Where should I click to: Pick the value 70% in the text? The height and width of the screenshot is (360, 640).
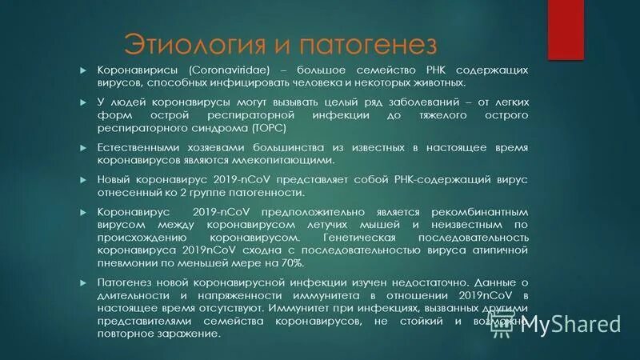(x=290, y=262)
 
